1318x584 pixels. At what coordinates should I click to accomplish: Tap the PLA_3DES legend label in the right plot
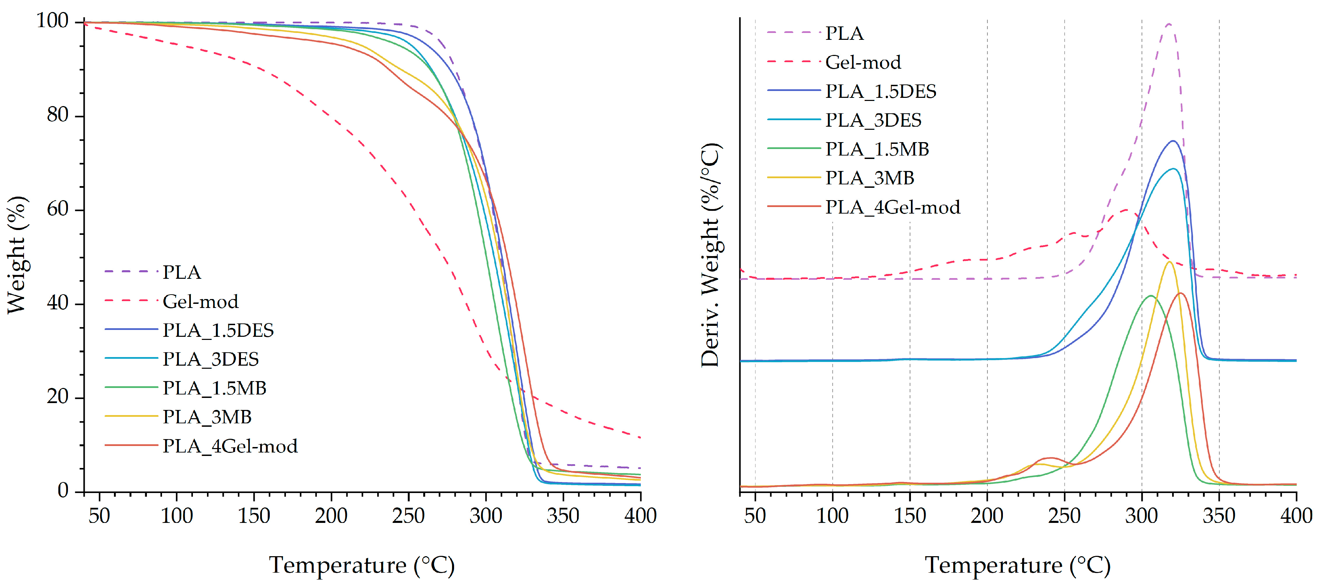point(873,120)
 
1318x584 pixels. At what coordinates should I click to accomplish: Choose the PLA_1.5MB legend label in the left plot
point(215,388)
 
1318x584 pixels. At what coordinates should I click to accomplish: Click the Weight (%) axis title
point(17,254)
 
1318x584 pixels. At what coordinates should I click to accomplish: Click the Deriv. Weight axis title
point(710,254)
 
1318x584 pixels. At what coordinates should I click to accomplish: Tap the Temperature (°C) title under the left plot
point(362,565)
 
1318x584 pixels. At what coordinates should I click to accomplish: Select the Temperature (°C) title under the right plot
point(1018,565)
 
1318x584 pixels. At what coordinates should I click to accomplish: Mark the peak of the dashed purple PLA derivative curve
point(1169,24)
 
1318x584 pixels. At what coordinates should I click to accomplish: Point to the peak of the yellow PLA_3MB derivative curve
point(1169,262)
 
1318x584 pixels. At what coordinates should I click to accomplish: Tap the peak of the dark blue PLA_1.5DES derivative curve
point(1173,141)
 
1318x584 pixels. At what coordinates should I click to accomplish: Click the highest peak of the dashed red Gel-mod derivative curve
point(1126,209)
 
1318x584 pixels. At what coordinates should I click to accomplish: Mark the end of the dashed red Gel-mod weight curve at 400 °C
point(640,438)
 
